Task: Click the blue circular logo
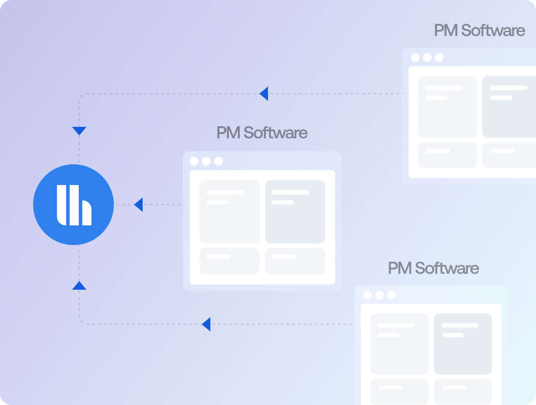[x=73, y=205]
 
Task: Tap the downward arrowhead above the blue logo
[x=79, y=131]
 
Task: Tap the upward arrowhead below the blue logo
[x=79, y=285]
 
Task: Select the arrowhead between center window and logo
[x=138, y=205]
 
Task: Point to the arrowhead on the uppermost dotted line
[x=264, y=94]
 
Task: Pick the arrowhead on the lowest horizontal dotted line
[x=206, y=324]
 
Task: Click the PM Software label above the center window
[x=262, y=133]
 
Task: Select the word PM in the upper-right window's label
[x=445, y=31]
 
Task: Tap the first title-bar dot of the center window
[x=194, y=161]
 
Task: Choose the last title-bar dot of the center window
[x=219, y=161]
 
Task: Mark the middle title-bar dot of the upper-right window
[x=427, y=58]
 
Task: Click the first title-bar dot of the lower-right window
[x=367, y=295]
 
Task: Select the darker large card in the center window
[x=295, y=211]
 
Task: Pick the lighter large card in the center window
[x=230, y=211]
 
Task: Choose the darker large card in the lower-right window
[x=463, y=344]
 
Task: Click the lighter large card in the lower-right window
[x=399, y=344]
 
